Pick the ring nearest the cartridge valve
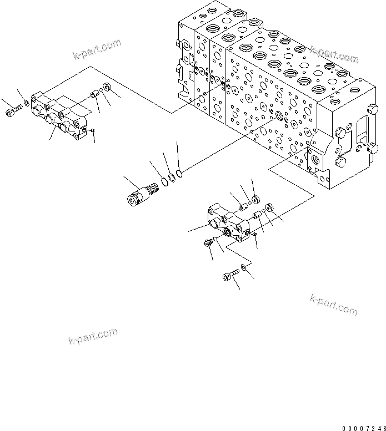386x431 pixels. pos(165,181)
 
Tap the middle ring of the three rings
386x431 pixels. pos(172,178)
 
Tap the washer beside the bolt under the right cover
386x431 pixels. pos(243,268)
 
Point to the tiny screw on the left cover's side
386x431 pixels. pos(93,130)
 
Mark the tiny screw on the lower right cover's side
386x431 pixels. pos(254,235)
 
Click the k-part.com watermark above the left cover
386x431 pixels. pos(96,49)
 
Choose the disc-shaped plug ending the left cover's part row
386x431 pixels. pos(107,88)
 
